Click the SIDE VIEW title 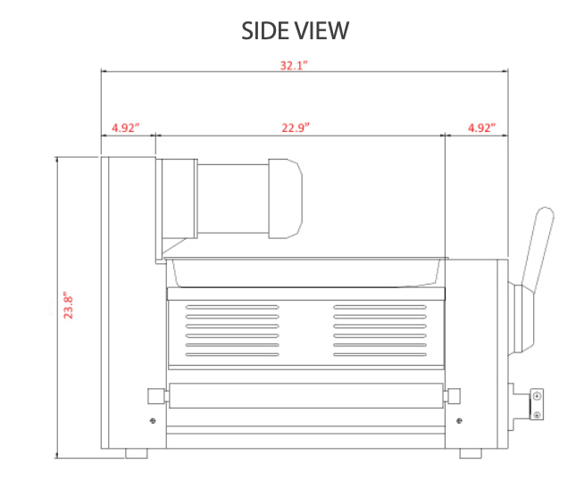click(295, 29)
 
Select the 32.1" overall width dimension click(294, 65)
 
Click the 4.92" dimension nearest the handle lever click(480, 128)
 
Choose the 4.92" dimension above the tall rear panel click(125, 128)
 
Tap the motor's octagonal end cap click(285, 199)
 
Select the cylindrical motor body click(232, 199)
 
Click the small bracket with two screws click(536, 402)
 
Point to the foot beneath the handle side click(471, 453)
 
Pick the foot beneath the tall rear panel click(137, 453)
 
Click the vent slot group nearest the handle click(379, 331)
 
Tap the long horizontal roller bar click(304, 394)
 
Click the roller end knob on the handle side click(454, 394)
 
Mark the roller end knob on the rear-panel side click(155, 394)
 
